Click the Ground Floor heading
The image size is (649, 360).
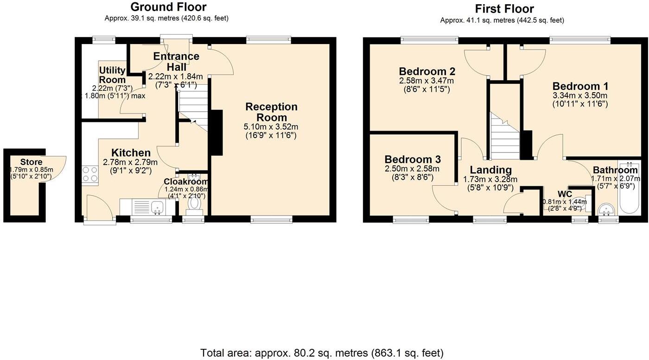point(168,7)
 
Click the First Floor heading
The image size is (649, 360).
point(504,9)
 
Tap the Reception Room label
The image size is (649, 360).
point(271,112)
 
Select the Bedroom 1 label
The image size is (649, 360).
point(580,86)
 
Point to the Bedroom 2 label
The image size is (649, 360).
point(427,71)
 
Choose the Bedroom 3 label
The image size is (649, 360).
point(412,158)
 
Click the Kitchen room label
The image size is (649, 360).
point(131,153)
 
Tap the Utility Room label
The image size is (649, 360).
point(112,75)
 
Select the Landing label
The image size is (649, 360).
point(490,170)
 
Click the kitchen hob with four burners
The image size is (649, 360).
point(90,174)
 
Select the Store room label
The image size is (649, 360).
point(31,162)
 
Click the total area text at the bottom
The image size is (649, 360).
point(322,353)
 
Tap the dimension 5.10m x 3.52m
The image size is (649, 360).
point(271,126)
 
